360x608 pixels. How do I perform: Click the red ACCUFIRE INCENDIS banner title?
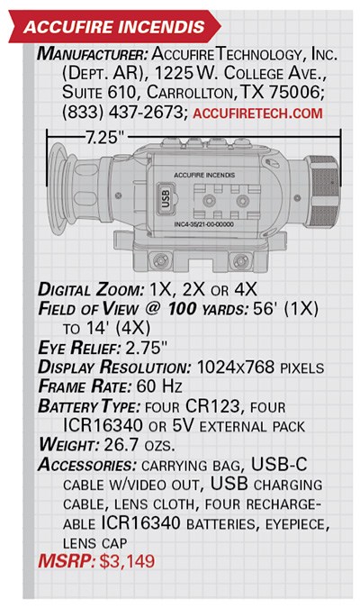(114, 27)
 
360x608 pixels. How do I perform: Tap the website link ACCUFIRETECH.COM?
(257, 113)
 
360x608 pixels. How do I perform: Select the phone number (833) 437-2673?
(122, 113)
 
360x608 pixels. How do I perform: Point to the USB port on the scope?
(166, 198)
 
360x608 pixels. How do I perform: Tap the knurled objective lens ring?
(322, 193)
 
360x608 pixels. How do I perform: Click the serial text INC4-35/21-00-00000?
(203, 224)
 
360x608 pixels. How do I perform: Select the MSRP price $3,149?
(127, 561)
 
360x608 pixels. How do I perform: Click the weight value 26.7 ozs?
(139, 444)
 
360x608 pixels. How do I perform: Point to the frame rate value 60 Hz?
(159, 386)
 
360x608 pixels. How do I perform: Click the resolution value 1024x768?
(236, 367)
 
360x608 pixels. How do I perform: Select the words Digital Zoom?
(91, 290)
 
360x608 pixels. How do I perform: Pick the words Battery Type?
(89, 406)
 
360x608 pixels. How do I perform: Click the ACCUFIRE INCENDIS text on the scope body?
(204, 175)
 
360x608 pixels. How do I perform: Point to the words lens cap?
(94, 543)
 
